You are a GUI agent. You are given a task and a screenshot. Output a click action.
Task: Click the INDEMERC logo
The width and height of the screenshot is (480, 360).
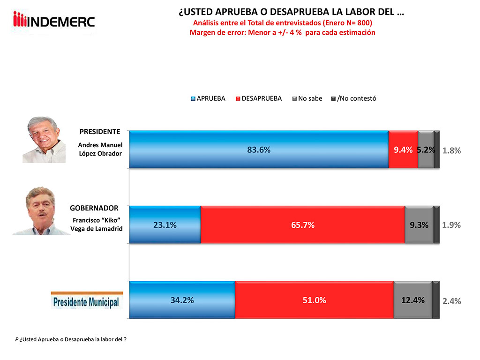[x=54, y=21]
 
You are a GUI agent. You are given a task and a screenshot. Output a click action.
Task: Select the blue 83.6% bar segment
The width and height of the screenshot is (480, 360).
[x=259, y=150]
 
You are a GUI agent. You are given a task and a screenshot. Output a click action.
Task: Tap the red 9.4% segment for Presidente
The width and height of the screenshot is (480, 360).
[x=403, y=150]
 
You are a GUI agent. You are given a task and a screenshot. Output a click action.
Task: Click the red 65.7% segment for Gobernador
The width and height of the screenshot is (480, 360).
[x=302, y=225]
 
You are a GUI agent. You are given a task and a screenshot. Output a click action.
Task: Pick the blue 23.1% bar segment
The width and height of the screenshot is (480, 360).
[x=165, y=225]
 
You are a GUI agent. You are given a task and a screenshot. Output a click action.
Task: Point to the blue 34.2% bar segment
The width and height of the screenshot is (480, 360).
[x=182, y=300]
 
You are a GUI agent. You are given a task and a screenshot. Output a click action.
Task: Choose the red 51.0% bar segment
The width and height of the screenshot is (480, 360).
[x=314, y=300]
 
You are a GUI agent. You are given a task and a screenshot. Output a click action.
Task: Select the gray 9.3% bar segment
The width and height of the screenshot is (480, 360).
[x=419, y=225]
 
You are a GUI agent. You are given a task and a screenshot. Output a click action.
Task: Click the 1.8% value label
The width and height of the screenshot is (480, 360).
[x=452, y=150]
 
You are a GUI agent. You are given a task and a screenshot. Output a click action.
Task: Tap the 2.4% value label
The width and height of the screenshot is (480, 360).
[x=452, y=301]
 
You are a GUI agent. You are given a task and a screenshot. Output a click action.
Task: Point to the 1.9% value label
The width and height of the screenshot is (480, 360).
[x=452, y=225]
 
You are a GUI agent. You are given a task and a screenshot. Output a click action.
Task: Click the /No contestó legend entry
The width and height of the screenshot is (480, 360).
[x=354, y=98]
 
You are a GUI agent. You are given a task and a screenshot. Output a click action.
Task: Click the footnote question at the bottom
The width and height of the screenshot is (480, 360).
[x=71, y=339]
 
